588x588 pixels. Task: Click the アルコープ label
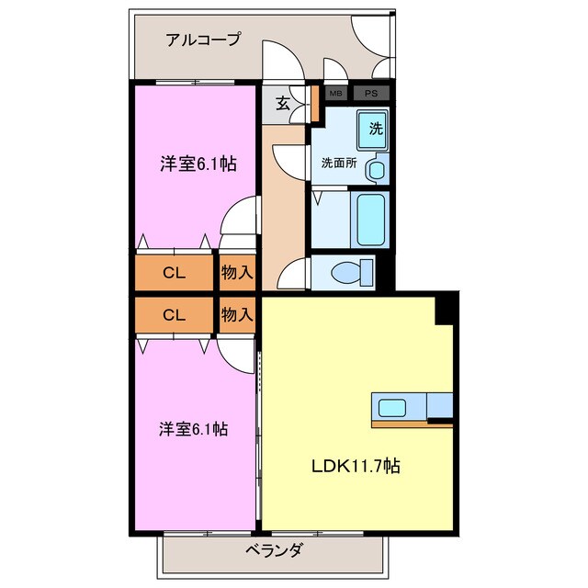coord(203,40)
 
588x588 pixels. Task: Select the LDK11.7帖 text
coord(353,465)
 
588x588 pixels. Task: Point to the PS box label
coord(369,93)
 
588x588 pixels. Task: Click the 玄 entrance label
coord(283,104)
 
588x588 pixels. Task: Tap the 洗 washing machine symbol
coord(375,128)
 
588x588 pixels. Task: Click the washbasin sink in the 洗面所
coord(375,170)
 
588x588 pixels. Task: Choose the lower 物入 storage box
coord(237,315)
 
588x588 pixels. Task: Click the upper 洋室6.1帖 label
coord(198,164)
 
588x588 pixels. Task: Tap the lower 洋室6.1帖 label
coord(193,428)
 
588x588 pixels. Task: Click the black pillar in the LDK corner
coord(446,309)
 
